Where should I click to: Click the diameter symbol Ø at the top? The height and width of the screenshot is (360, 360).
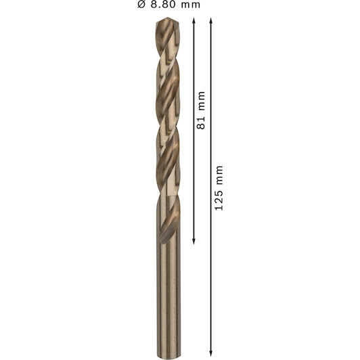pyautogui.click(x=141, y=5)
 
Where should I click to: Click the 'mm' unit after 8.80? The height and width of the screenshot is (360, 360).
pyautogui.click(x=191, y=5)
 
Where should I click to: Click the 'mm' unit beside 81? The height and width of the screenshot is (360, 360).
pyautogui.click(x=202, y=101)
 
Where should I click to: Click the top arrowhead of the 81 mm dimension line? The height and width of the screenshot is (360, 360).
pyautogui.click(x=194, y=20)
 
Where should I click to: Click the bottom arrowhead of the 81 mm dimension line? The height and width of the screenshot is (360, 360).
pyautogui.click(x=194, y=242)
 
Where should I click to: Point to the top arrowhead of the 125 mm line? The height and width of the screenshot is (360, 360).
pyautogui.click(x=211, y=20)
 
